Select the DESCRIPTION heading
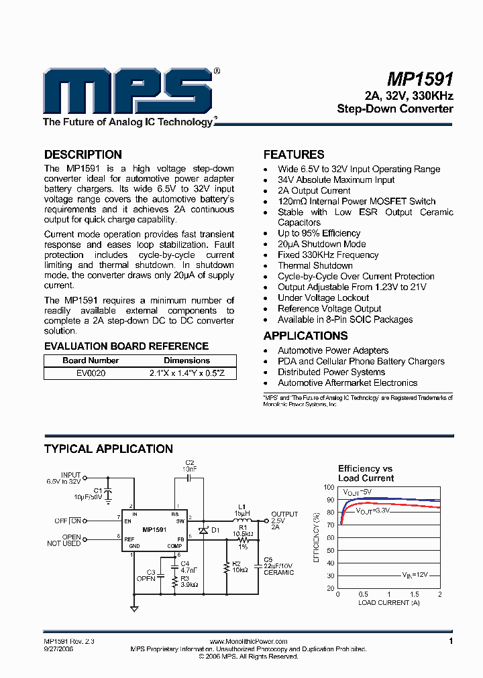point(83,155)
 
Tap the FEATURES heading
point(293,155)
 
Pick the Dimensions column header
point(186,360)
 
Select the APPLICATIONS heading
point(305,336)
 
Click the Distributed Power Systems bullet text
point(331,372)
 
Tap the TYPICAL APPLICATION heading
point(108,449)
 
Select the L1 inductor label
point(242,506)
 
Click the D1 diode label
point(215,530)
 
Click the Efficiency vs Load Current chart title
point(366,473)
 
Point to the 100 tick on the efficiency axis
point(329,488)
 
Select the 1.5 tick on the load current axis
point(415,594)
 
